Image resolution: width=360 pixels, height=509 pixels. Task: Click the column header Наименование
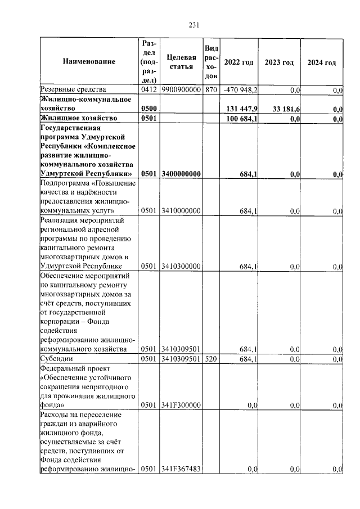(x=89, y=62)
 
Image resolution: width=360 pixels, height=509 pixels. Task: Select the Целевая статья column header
(x=182, y=62)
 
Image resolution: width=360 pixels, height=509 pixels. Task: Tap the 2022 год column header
(x=238, y=62)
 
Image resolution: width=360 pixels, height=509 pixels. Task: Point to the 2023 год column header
(x=280, y=62)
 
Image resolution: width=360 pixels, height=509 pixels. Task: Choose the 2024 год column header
(x=322, y=62)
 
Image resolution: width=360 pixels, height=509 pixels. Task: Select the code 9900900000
(x=181, y=90)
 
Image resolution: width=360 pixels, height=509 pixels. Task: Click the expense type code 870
(x=211, y=90)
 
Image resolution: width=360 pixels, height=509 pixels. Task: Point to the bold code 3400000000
(x=181, y=174)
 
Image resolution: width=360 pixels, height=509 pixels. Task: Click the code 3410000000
(x=181, y=211)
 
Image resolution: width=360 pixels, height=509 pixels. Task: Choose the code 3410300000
(x=181, y=266)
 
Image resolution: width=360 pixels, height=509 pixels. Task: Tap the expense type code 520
(x=211, y=358)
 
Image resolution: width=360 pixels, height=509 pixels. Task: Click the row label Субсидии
(x=56, y=358)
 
